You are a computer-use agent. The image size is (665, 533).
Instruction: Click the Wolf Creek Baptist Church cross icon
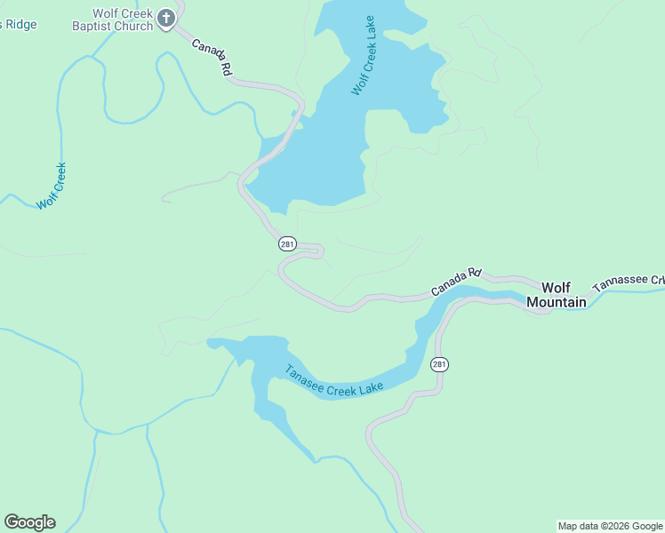tap(166, 18)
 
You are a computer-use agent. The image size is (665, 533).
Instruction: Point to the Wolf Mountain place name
tap(557, 295)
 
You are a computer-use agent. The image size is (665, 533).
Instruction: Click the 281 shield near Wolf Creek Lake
tap(286, 243)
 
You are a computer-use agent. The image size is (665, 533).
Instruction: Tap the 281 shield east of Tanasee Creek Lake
tap(439, 364)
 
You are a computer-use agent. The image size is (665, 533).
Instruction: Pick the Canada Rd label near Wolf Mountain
tap(456, 282)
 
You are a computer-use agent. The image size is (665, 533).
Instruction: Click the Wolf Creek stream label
tap(52, 186)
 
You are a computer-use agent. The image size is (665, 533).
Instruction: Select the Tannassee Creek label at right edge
tap(629, 282)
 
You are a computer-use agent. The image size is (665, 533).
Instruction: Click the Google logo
tap(29, 522)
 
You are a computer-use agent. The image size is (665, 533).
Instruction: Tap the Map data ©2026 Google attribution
tap(611, 526)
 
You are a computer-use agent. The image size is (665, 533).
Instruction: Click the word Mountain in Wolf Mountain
tap(557, 302)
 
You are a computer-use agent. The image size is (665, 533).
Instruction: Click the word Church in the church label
tap(135, 26)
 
